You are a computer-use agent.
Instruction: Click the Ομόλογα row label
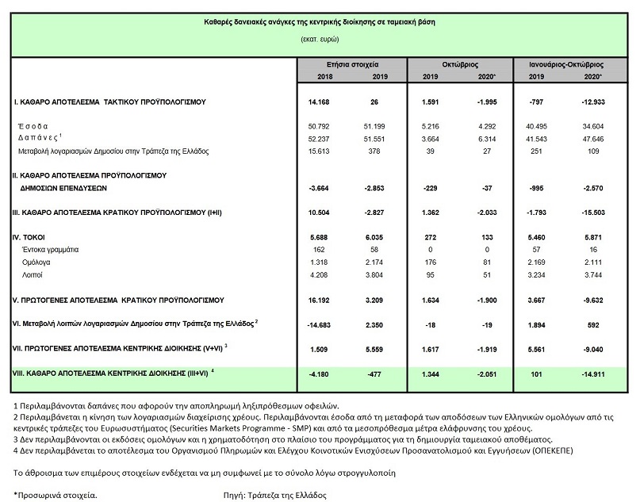(36, 262)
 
